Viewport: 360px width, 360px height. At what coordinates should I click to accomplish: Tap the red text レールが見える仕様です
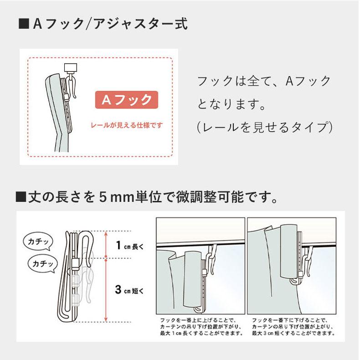(x=126, y=125)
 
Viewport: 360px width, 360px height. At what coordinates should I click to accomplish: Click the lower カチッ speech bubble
(x=43, y=263)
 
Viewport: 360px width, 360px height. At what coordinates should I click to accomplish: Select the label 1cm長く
(x=129, y=247)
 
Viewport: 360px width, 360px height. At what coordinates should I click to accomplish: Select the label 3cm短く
(x=129, y=289)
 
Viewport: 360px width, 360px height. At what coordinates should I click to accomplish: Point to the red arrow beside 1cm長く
(x=106, y=245)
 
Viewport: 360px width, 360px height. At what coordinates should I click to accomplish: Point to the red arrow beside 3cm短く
(x=106, y=289)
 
